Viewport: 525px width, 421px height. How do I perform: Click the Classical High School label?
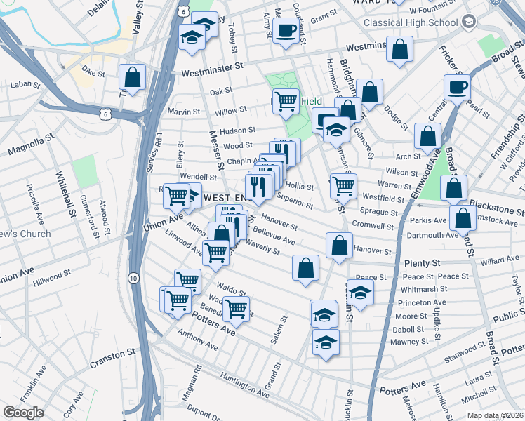(x=410, y=22)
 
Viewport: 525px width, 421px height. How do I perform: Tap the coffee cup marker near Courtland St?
(x=286, y=31)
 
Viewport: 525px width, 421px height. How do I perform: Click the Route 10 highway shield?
(x=133, y=279)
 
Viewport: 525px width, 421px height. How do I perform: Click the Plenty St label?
(x=422, y=262)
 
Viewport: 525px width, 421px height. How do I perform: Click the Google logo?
(x=24, y=413)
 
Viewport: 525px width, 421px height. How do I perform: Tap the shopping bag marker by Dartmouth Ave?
(x=463, y=218)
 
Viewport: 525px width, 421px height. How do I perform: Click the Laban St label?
(x=23, y=85)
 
